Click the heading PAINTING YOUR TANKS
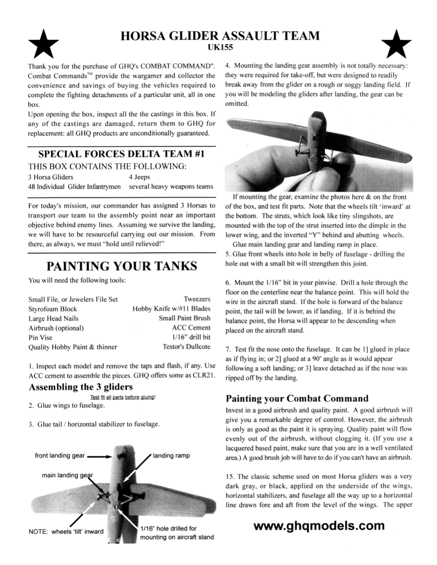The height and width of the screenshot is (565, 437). point(121,266)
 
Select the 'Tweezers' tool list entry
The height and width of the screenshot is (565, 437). point(197,299)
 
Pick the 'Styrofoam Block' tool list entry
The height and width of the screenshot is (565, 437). point(53,309)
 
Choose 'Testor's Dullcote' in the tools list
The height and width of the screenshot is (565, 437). point(186,347)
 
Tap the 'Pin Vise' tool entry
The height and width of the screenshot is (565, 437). point(40,337)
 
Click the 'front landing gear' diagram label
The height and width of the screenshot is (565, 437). point(60,455)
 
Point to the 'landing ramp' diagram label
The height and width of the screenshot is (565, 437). point(171,455)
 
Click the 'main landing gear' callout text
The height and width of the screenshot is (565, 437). point(67,476)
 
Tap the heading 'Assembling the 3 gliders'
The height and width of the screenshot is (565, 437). point(80,387)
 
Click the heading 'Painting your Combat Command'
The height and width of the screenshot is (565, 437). point(296,398)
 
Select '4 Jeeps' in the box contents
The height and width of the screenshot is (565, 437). point(139,177)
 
